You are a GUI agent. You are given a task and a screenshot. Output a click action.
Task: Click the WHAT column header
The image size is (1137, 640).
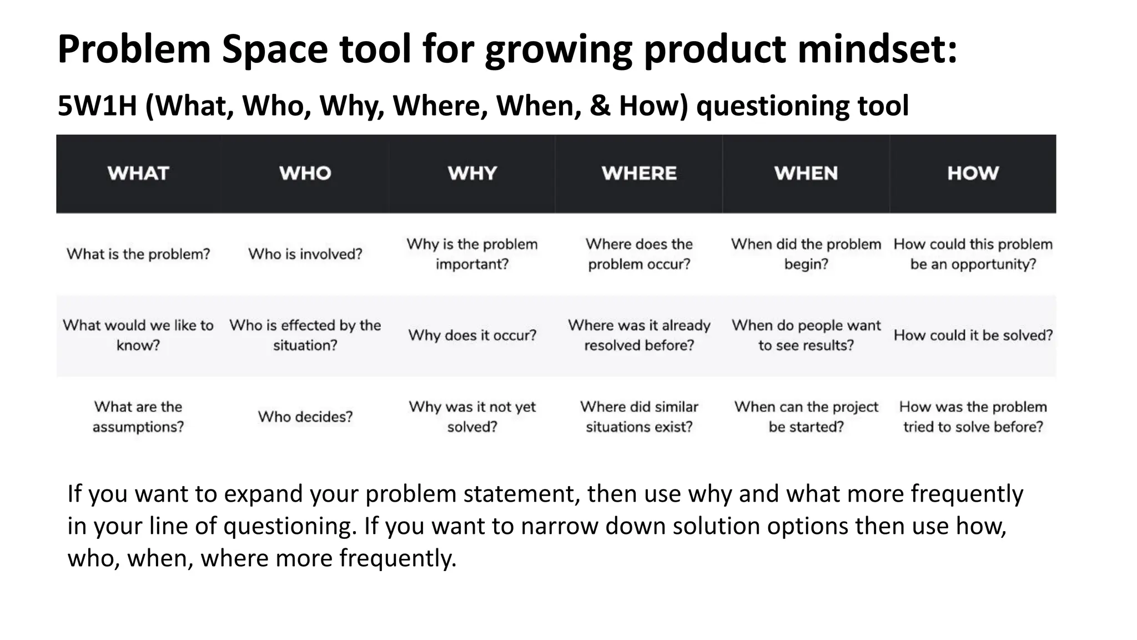[138, 173]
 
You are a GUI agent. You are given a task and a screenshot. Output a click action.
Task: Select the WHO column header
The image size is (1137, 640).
[305, 173]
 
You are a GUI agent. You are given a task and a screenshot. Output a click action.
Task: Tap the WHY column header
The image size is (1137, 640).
[472, 173]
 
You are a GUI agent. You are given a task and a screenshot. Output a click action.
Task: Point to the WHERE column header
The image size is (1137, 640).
[639, 173]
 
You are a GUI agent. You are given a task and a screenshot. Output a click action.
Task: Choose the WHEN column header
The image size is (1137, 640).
[806, 173]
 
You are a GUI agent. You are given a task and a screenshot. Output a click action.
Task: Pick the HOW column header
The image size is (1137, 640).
[973, 173]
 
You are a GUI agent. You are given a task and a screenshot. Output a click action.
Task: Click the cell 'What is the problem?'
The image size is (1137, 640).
[138, 254]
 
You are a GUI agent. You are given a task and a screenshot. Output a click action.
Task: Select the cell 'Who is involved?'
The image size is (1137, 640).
[305, 254]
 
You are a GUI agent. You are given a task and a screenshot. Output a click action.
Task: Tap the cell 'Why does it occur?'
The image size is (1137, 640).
[472, 335]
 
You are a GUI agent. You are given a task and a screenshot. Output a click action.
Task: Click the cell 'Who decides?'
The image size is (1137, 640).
[305, 417]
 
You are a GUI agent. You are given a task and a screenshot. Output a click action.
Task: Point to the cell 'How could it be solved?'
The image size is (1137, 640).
[973, 335]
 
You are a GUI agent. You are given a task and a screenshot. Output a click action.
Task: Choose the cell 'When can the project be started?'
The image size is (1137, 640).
[806, 417]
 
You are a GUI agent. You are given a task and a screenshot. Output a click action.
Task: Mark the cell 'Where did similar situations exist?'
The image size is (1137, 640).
[639, 417]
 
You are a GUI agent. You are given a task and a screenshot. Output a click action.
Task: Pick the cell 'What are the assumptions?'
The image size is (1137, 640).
[138, 417]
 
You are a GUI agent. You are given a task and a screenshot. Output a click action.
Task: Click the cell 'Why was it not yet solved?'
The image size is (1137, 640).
[472, 417]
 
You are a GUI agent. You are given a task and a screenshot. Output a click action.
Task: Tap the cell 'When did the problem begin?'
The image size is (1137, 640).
[806, 254]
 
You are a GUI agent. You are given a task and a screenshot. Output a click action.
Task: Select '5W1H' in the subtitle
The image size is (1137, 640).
[97, 106]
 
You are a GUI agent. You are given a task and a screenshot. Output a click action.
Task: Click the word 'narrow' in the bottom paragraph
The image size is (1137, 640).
[560, 526]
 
